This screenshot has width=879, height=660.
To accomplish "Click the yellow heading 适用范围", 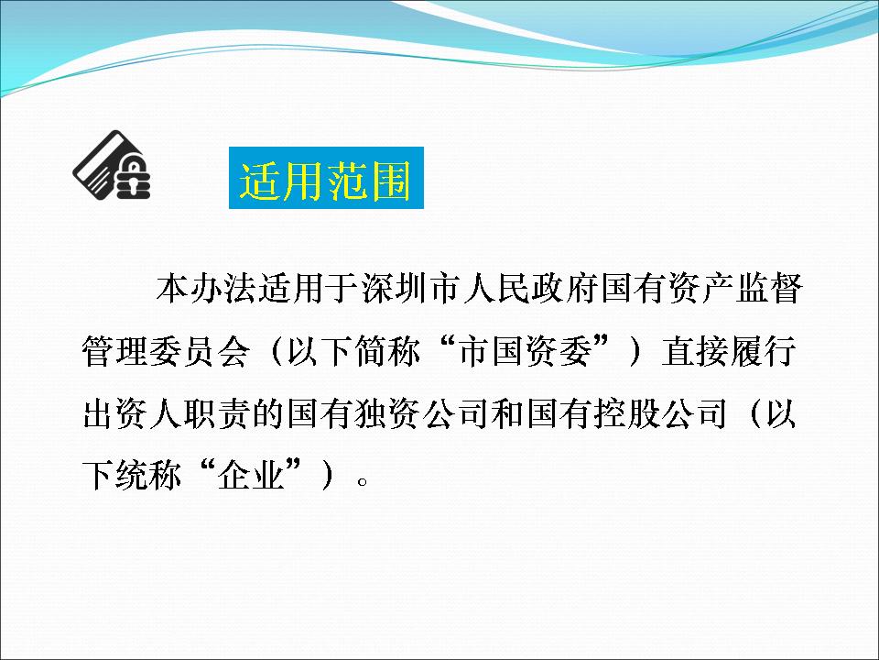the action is (326, 181).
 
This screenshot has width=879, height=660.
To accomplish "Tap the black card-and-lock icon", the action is (112, 165).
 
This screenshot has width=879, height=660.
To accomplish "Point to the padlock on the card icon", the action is (133, 177).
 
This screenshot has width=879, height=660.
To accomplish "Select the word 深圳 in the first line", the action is (396, 289).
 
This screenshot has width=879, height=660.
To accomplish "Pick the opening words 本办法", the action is (207, 289).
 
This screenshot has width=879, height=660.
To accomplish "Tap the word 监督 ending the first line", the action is (769, 289).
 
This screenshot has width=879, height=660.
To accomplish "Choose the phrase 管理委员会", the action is (166, 352).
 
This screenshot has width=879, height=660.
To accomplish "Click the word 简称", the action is (388, 352).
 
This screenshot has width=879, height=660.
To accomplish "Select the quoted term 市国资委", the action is (526, 352).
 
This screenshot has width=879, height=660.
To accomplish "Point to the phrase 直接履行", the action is (728, 352).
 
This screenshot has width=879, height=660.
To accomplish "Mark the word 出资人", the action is (132, 414).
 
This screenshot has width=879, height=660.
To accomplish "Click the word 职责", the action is (218, 414).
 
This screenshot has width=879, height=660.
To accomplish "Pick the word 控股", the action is (627, 414).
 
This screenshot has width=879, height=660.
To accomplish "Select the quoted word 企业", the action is (251, 476).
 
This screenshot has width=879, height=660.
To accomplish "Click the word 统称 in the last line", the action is (149, 476).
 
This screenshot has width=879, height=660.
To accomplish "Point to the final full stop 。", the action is (363, 481).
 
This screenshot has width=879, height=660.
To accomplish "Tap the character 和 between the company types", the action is (508, 414).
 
